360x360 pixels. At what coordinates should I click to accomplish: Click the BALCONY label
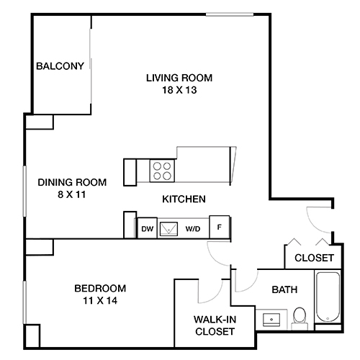[60, 67]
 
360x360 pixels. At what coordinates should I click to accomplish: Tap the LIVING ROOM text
[180, 78]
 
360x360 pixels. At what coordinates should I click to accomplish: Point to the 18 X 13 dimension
[180, 91]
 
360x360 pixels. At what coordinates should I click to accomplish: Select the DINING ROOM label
[72, 183]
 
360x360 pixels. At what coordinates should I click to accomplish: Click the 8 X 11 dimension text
[72, 195]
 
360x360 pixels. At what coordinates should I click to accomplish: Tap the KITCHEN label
[184, 199]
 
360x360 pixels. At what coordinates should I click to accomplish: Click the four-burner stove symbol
[163, 171]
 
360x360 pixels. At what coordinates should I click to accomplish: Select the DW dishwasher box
[147, 228]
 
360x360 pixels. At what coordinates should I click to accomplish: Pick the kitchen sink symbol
[171, 228]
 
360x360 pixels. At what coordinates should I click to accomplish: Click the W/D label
[193, 229]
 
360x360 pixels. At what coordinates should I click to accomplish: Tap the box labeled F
[219, 227]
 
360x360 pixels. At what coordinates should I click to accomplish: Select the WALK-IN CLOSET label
[215, 325]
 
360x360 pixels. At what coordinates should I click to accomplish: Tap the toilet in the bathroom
[300, 316]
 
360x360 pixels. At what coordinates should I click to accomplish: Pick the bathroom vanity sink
[272, 318]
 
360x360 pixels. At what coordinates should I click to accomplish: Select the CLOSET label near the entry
[315, 257]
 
